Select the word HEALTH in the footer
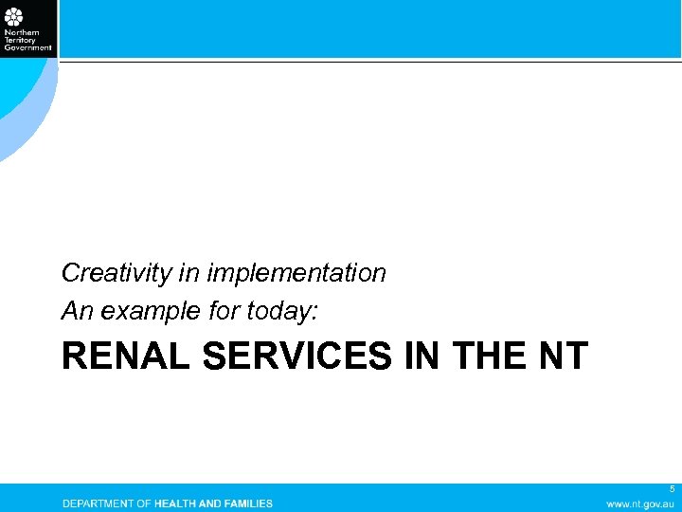tap(180, 503)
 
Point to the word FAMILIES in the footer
tap(249, 503)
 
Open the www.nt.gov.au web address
tap(640, 503)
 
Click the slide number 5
tap(672, 489)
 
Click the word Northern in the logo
tap(18, 32)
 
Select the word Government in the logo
tap(27, 46)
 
